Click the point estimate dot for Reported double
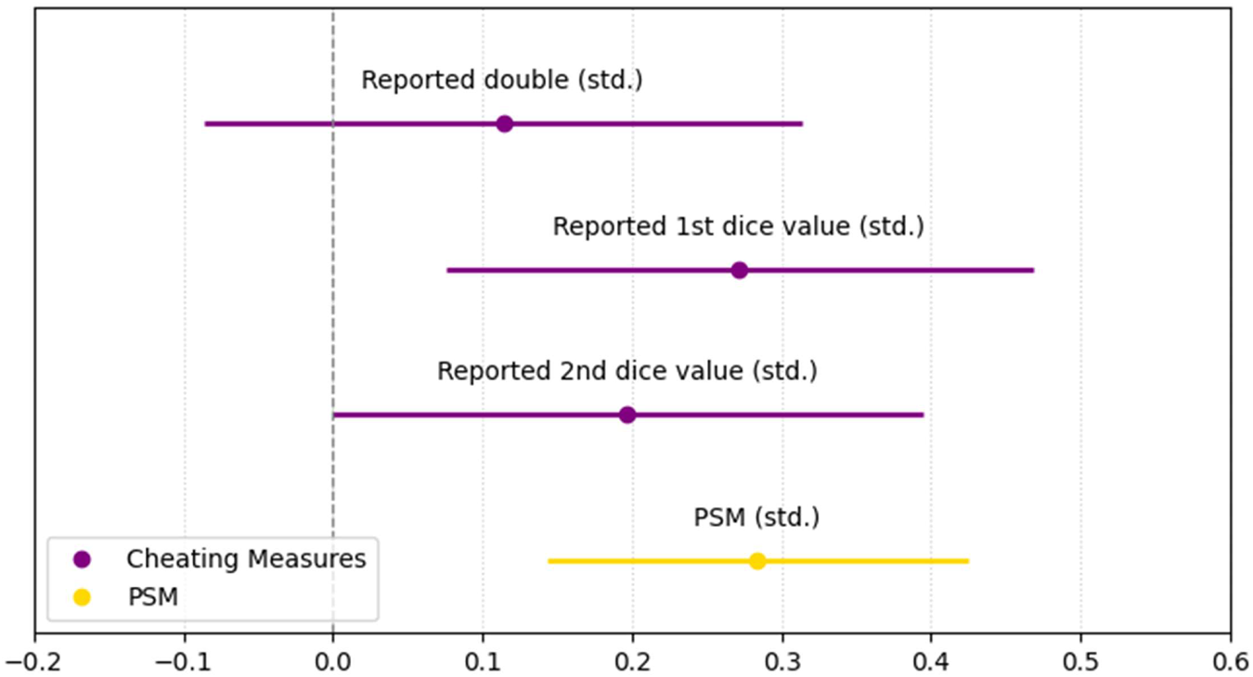pyautogui.click(x=504, y=123)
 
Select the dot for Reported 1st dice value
pyautogui.click(x=739, y=270)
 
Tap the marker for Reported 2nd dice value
pyautogui.click(x=627, y=415)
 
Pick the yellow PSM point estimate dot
pyautogui.click(x=757, y=561)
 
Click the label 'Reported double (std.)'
pyautogui.click(x=501, y=81)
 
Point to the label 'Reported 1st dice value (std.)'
pyautogui.click(x=738, y=226)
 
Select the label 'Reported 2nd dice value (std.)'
pyautogui.click(x=626, y=372)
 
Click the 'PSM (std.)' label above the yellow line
pyautogui.click(x=756, y=517)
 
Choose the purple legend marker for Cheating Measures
pyautogui.click(x=83, y=559)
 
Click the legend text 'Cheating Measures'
pyautogui.click(x=246, y=559)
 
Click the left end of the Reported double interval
pyautogui.click(x=205, y=123)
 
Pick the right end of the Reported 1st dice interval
pyautogui.click(x=1033, y=270)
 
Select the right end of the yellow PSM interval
pyautogui.click(x=968, y=561)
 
